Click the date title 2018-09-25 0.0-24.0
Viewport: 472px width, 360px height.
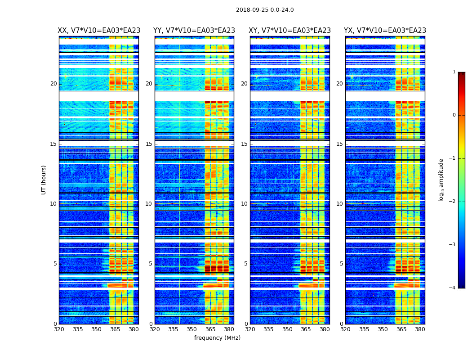pos(265,10)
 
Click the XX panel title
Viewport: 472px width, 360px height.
pos(99,31)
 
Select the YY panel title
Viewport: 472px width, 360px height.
pos(194,31)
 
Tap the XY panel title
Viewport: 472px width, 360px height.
pos(290,31)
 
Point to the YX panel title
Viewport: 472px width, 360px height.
pos(385,31)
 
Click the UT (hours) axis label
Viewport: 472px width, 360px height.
pos(44,180)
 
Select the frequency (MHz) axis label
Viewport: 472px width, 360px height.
pos(217,338)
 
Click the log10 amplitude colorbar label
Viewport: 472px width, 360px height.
pos(441,180)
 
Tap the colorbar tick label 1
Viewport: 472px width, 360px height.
pos(454,72)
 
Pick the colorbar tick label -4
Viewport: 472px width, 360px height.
pos(453,288)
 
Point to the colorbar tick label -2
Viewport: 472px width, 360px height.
pos(453,202)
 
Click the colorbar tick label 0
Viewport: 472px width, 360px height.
pos(454,115)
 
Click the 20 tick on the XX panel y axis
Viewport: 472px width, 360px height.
pos(53,84)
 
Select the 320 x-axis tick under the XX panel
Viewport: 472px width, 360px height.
pos(59,329)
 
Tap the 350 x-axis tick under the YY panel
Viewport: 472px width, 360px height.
pos(192,329)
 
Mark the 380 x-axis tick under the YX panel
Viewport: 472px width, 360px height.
pos(420,329)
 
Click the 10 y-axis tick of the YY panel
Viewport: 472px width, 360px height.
pos(149,204)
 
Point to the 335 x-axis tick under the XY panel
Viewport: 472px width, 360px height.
pos(269,329)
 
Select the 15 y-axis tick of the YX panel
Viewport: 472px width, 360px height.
pos(339,144)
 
